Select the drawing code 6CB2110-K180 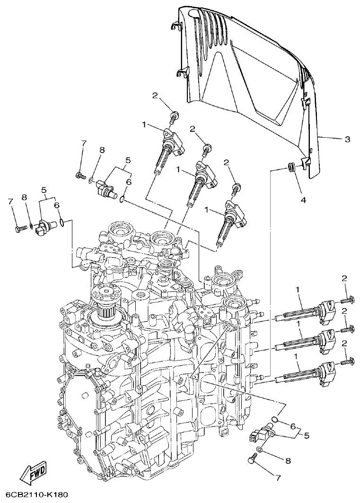pyautogui.click(x=34, y=495)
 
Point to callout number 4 pyautogui.click(x=303, y=200)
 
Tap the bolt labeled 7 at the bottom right pyautogui.click(x=252, y=458)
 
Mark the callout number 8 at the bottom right pyautogui.click(x=288, y=460)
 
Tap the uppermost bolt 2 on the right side pyautogui.click(x=348, y=299)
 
